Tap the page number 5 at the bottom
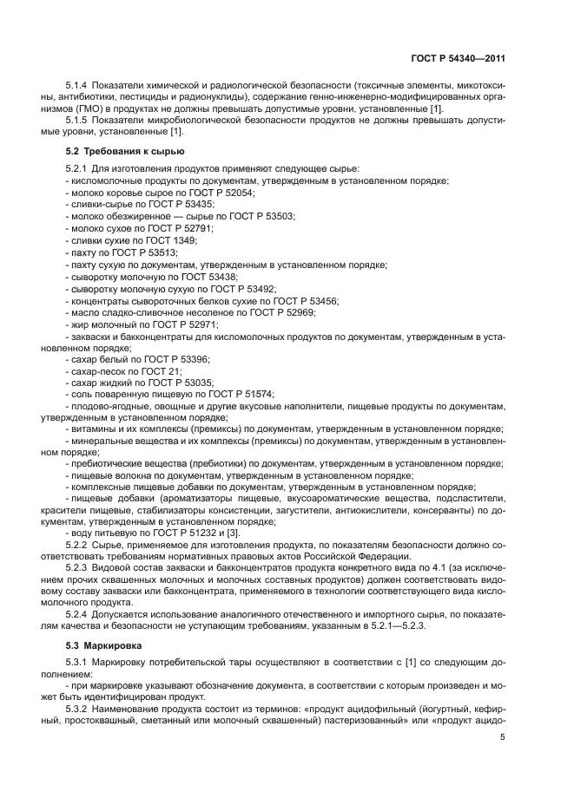point(503,739)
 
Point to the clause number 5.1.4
point(79,85)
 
